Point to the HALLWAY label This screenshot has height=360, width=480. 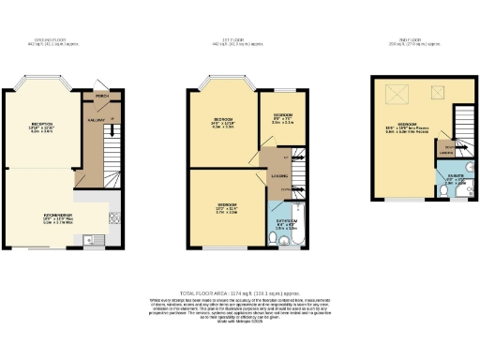coord(94,119)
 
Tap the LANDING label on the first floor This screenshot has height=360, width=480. coord(279,174)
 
